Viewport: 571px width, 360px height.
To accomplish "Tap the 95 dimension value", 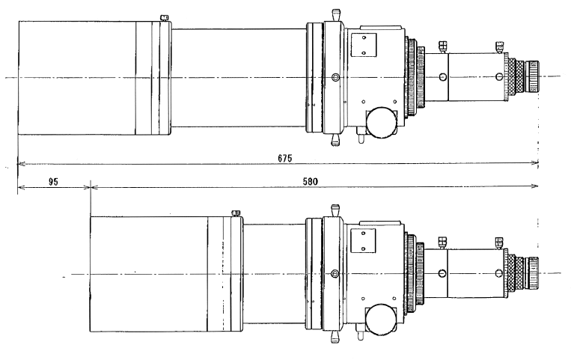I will coord(52,182).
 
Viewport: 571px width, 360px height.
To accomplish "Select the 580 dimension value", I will coord(318,182).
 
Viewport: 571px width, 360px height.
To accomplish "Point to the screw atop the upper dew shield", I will coord(165,17).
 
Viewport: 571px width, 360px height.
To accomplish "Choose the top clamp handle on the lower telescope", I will coord(333,205).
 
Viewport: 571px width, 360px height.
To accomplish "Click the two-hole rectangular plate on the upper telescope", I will coord(364,44).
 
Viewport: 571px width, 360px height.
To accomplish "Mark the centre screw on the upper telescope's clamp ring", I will coord(335,76).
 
